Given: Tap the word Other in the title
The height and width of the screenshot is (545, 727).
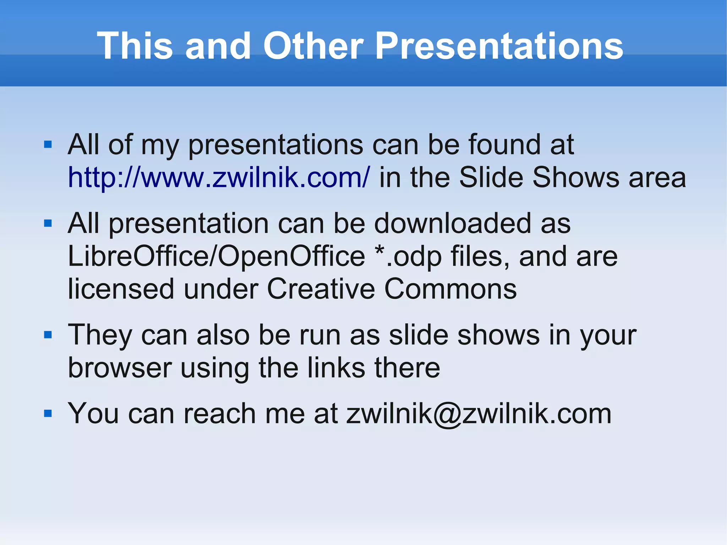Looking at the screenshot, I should pyautogui.click(x=313, y=46).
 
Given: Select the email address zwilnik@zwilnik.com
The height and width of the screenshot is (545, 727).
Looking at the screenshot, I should pyautogui.click(x=479, y=414).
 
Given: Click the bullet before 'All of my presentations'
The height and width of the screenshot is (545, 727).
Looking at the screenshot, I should pyautogui.click(x=48, y=145).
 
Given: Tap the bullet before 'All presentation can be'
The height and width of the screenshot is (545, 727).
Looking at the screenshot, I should pyautogui.click(x=48, y=223).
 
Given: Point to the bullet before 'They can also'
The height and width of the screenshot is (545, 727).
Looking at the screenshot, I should pyautogui.click(x=48, y=334).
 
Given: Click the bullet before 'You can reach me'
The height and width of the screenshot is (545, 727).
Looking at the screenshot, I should pyautogui.click(x=48, y=413).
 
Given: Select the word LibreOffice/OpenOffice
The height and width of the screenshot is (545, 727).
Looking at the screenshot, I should pyautogui.click(x=216, y=256).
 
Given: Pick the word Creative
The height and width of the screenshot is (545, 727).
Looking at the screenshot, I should pyautogui.click(x=321, y=289).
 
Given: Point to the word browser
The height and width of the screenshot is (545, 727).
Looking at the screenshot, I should pyautogui.click(x=120, y=368).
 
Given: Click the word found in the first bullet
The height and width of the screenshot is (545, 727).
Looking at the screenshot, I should pyautogui.click(x=504, y=145).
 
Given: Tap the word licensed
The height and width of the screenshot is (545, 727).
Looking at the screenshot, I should pyautogui.click(x=121, y=289).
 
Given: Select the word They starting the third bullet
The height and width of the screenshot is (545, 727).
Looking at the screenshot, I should pyautogui.click(x=100, y=335).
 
